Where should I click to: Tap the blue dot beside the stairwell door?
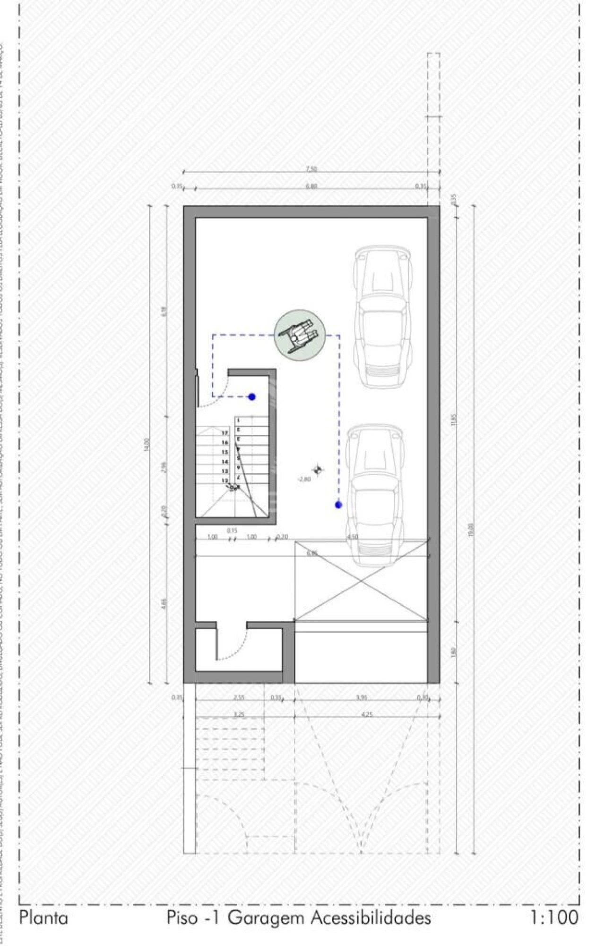tap(252, 397)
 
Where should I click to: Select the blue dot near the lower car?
tap(338, 505)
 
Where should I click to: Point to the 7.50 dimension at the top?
tap(311, 169)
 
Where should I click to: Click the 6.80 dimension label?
tap(311, 186)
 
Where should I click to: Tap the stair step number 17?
tap(225, 433)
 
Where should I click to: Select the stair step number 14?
tap(225, 462)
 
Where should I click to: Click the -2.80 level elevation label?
tap(304, 479)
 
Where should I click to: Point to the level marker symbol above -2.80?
tap(318, 469)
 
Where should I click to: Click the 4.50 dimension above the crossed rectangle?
tap(352, 537)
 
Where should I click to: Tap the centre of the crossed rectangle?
tap(361, 581)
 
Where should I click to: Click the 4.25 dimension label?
tap(367, 715)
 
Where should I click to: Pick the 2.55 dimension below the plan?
tap(239, 697)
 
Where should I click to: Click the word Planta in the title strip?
tap(43, 918)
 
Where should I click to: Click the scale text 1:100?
tap(553, 917)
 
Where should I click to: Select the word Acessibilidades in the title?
tap(371, 918)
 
